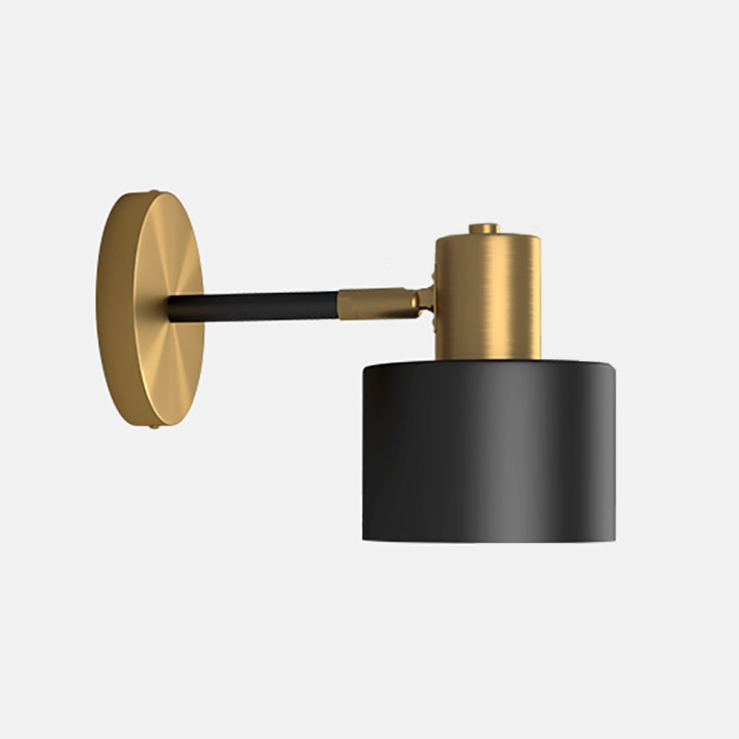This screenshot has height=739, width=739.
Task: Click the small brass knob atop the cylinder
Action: click(x=483, y=228)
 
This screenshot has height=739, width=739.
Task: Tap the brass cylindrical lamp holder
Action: click(x=488, y=296)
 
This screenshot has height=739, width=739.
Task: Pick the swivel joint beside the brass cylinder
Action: click(x=426, y=298)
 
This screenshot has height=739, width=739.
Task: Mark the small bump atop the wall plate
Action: click(x=154, y=192)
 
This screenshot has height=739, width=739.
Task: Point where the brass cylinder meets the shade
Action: click(x=488, y=359)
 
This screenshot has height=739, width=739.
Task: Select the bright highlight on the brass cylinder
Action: click(x=499, y=296)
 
